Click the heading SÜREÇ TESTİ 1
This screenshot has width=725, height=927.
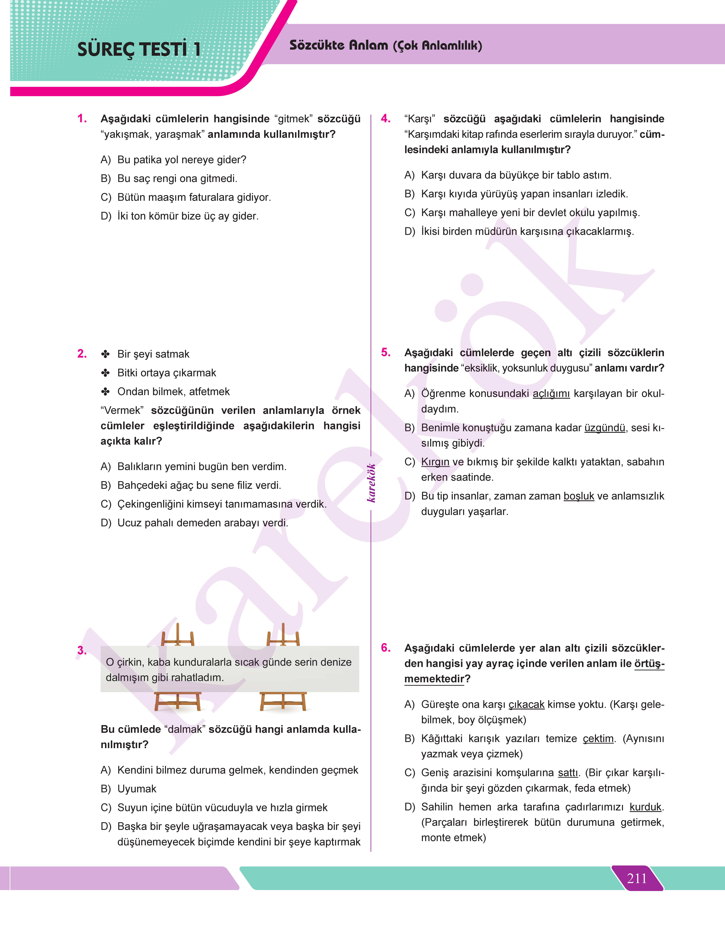(139, 49)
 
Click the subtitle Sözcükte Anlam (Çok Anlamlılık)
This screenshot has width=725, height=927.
(385, 45)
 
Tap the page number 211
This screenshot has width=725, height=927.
(637, 878)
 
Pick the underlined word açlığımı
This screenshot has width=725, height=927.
(551, 394)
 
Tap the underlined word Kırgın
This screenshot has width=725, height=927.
(435, 462)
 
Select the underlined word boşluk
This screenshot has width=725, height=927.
(578, 496)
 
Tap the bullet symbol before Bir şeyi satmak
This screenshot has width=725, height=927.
(105, 354)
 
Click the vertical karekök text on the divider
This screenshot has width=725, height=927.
(371, 483)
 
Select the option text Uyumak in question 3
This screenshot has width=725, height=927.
(137, 789)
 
